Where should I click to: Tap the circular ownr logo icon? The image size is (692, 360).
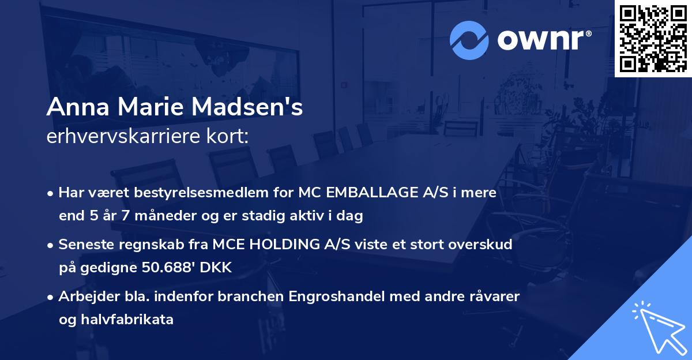(x=469, y=40)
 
